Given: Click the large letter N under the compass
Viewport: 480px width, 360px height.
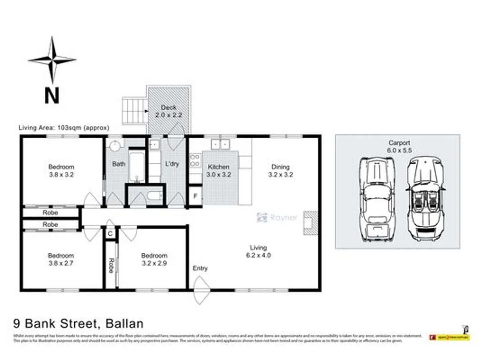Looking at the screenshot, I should click(x=52, y=96).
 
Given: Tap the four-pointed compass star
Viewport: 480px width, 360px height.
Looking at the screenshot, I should click(x=52, y=60).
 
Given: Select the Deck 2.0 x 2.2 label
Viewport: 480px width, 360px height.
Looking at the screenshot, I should click(x=168, y=111).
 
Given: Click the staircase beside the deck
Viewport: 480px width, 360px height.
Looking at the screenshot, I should click(x=134, y=111).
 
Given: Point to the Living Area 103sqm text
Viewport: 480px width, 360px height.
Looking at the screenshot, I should click(x=64, y=128).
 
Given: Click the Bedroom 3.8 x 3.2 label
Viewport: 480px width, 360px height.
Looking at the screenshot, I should click(x=61, y=171).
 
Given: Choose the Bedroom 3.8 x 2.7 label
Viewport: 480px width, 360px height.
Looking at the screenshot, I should click(x=61, y=259).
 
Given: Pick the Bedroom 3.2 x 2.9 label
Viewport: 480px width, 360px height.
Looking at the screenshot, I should click(x=154, y=259).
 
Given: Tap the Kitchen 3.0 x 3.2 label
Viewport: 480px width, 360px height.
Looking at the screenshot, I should click(x=218, y=171).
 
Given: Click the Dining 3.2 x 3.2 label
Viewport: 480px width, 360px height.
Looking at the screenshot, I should click(x=281, y=171).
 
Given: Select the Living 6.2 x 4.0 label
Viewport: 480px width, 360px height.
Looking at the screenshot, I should click(x=258, y=251).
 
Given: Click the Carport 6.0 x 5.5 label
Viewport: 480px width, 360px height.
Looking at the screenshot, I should click(x=399, y=146).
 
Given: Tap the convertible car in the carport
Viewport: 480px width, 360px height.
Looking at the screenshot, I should click(x=425, y=199).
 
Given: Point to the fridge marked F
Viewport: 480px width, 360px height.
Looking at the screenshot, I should click(x=195, y=196).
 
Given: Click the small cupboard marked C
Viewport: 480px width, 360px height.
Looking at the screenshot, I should click(x=110, y=234).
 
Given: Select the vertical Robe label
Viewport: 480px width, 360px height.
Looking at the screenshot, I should click(x=111, y=265).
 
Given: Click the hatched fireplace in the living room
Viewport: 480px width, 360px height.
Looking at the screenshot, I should click(x=310, y=223).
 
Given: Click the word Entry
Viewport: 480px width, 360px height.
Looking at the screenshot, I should click(x=200, y=268).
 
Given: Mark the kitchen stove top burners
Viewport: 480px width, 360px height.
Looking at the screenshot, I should click(x=195, y=160).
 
